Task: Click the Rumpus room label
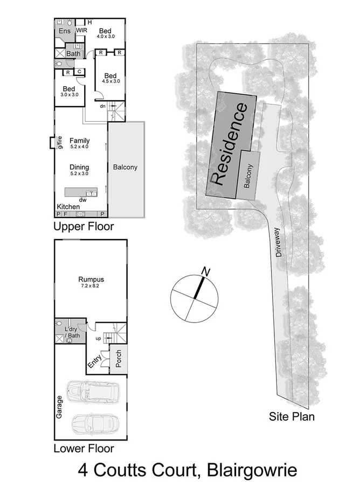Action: [x=91, y=280]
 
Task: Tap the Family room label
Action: [x=80, y=141]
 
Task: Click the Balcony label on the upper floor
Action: [x=125, y=167]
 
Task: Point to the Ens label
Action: [x=64, y=31]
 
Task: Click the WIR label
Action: [x=81, y=31]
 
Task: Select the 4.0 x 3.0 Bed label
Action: [x=106, y=30]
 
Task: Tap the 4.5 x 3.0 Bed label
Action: [x=110, y=75]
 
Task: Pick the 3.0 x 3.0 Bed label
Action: [x=68, y=89]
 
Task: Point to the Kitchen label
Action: [x=68, y=207]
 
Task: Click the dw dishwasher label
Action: [x=83, y=200]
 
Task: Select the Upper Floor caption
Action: [x=84, y=227]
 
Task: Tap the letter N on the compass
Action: [x=204, y=270]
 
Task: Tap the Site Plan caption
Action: [x=292, y=416]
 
